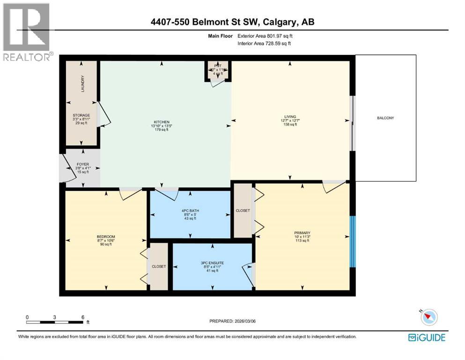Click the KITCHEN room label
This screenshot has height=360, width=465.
point(160,122)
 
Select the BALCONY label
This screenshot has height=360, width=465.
point(385,118)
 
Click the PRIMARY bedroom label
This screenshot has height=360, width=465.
point(302,233)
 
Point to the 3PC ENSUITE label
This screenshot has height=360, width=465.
point(213,263)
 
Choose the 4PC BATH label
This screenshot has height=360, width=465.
point(191,211)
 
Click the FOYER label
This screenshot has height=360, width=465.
point(82,165)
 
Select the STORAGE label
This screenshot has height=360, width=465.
point(81,115)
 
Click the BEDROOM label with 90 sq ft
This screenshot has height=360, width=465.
point(106,236)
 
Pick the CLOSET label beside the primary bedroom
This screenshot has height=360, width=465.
point(243,211)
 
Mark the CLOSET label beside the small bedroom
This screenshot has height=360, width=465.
point(158,266)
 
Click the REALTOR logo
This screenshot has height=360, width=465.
point(26,32)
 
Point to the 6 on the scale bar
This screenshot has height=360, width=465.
point(82,317)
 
